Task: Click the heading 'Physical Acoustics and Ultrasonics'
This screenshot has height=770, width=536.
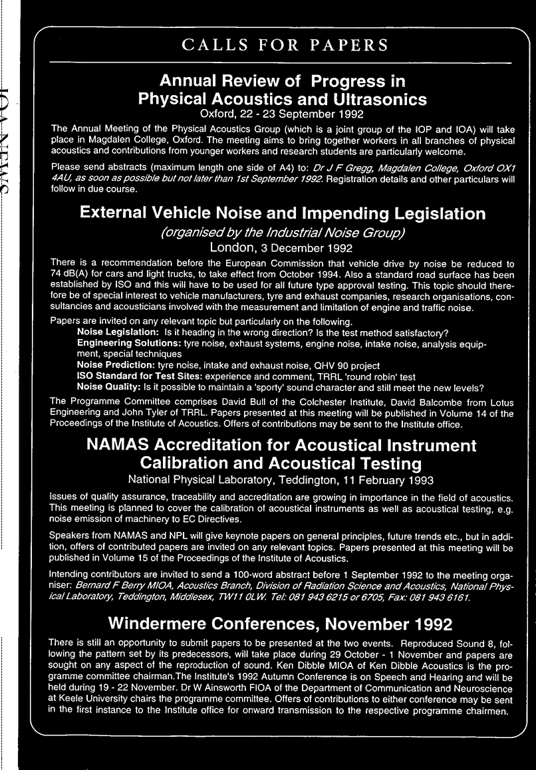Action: click(282, 99)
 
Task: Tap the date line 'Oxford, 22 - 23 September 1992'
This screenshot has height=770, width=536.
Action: click(282, 114)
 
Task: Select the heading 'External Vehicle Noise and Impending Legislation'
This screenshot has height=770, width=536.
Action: click(282, 213)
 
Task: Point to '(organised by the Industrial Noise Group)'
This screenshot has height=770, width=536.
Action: click(282, 233)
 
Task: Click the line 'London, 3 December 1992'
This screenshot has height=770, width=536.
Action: click(282, 249)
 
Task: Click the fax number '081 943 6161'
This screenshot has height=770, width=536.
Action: click(442, 597)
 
